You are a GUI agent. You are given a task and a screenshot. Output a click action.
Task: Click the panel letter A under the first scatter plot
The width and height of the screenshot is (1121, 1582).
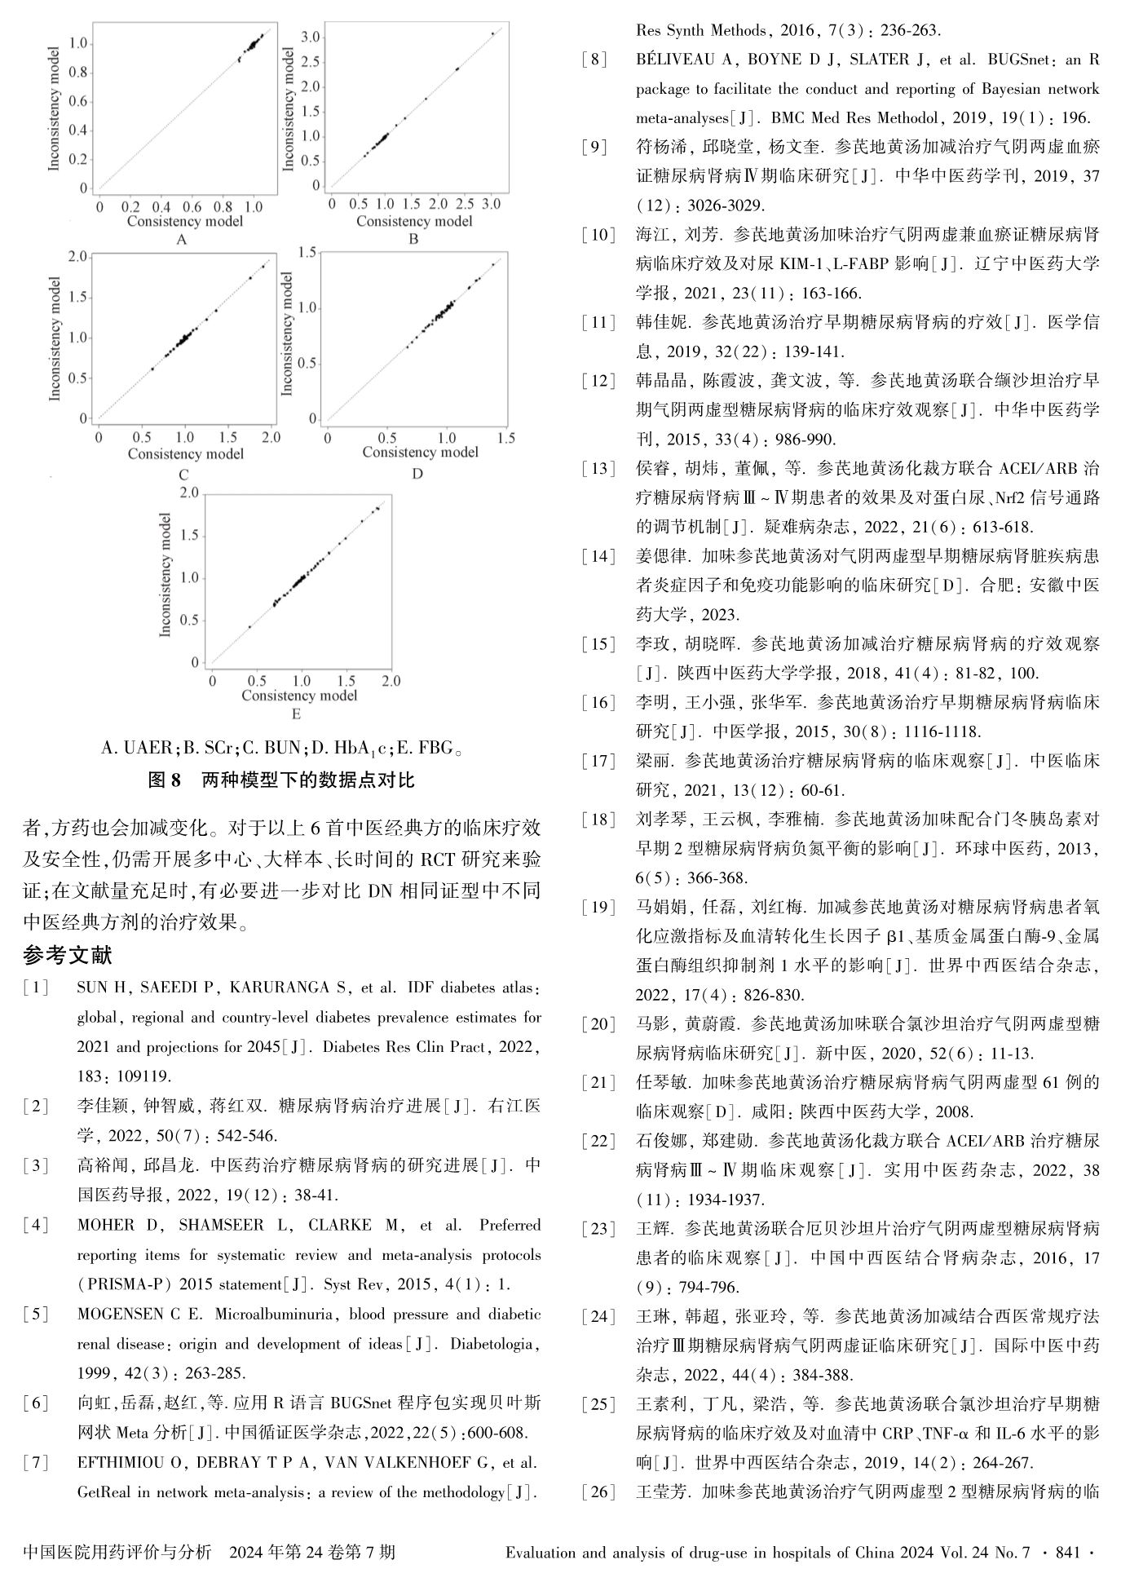[182, 239]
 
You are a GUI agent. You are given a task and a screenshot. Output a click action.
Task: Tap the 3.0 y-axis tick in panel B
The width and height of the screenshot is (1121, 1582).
[310, 37]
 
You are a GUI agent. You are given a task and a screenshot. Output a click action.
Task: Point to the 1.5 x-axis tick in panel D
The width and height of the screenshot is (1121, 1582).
[505, 438]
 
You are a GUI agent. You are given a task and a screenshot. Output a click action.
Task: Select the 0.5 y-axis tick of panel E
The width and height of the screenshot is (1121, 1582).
[189, 621]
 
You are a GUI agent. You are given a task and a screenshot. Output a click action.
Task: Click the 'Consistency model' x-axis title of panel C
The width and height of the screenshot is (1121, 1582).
[185, 453]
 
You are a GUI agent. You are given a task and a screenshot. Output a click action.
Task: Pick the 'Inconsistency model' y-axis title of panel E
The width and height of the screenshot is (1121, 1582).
[166, 575]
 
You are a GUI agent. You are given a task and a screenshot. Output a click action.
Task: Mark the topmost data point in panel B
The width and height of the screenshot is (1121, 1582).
[493, 33]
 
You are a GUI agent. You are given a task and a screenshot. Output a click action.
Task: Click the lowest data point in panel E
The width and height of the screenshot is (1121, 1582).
[249, 626]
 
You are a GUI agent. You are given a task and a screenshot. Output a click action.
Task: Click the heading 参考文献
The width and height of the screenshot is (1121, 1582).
[68, 955]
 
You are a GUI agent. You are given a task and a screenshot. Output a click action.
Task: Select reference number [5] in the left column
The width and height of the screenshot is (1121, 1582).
[37, 1314]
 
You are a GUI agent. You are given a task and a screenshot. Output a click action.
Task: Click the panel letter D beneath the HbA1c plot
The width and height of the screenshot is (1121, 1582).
[417, 473]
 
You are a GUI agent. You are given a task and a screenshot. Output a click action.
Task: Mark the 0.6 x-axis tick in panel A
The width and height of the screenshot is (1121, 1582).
[192, 207]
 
